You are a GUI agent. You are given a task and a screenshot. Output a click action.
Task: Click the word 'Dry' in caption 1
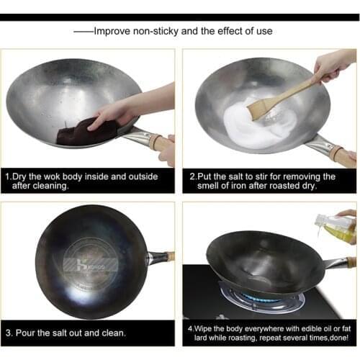point(22,176)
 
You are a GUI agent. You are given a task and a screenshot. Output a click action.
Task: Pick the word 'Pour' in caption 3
point(31,333)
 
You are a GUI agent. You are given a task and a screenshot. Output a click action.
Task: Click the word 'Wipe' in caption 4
point(207,328)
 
